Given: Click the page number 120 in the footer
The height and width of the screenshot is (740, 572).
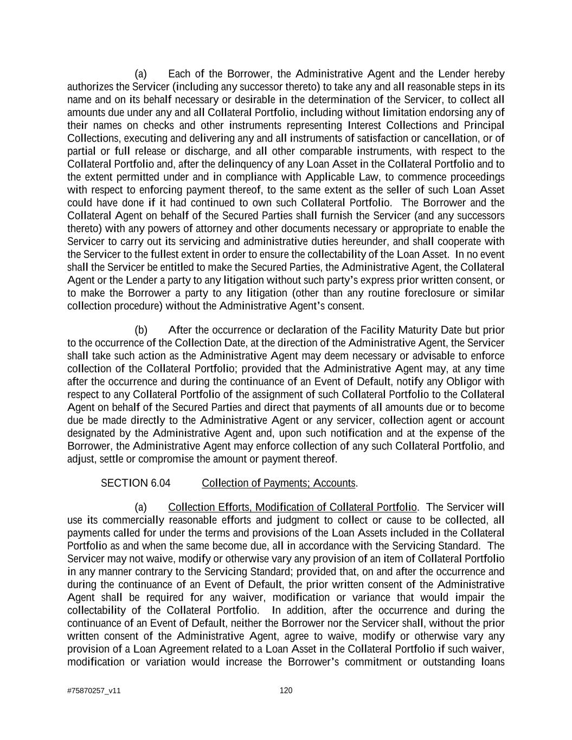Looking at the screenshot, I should pos(286,690).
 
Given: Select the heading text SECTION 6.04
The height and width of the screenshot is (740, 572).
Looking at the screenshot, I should pos(132,483).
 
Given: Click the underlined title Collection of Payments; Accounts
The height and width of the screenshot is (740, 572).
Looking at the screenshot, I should pos(279,483).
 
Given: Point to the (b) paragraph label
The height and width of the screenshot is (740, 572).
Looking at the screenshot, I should pos(141,330).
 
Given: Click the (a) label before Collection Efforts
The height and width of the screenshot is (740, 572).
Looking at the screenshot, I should pos(141,507).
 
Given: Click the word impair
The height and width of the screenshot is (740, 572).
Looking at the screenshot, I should pos(472,597).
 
